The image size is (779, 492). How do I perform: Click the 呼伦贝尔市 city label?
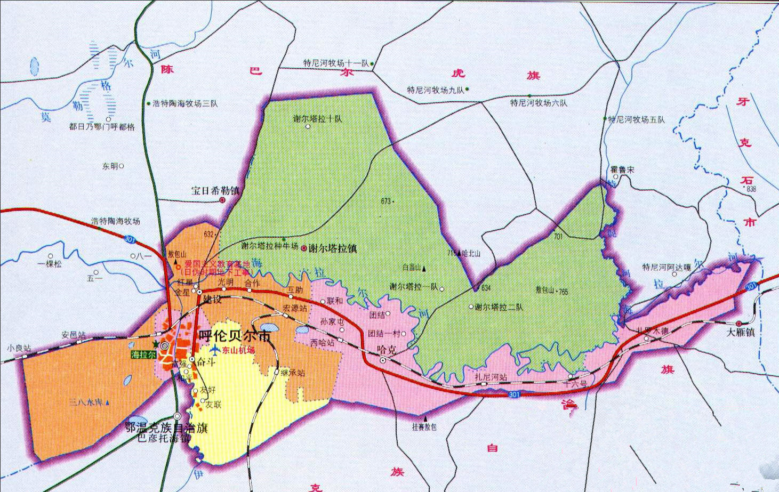235,337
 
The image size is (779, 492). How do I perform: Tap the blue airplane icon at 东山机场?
214,350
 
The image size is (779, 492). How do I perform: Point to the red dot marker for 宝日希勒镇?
222,200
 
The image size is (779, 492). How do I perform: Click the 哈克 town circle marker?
383,361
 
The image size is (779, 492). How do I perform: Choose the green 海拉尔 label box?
144,354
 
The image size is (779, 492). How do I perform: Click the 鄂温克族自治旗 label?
166,428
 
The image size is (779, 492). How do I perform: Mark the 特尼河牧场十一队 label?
336,63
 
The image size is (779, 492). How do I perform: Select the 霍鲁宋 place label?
622,170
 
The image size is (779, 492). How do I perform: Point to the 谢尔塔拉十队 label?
318,119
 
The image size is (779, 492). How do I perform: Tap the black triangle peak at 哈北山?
459,253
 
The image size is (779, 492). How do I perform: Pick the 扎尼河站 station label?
491,377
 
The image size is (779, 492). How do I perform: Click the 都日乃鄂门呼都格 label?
102,127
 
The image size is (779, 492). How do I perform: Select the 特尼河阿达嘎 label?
666,267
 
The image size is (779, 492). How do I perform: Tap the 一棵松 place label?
50,263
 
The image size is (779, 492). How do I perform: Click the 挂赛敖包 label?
424,427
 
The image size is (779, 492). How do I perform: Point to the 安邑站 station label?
73,335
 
